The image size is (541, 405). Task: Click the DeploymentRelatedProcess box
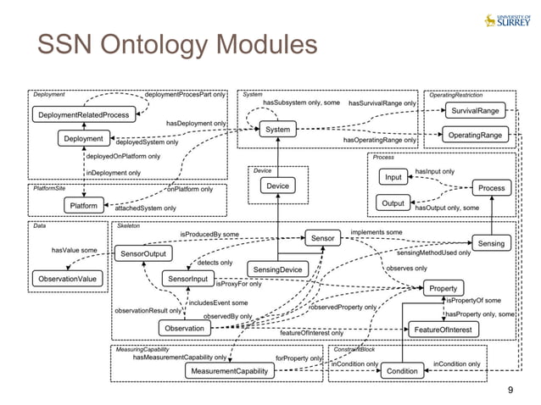(x=82, y=114)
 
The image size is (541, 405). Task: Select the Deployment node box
(x=82, y=138)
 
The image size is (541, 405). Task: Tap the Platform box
(x=82, y=205)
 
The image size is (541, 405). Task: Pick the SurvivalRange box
(x=474, y=111)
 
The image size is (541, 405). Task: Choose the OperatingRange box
(x=474, y=135)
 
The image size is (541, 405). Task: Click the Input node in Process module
(x=393, y=177)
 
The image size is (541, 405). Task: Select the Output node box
(x=393, y=203)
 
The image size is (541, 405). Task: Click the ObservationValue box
(x=66, y=278)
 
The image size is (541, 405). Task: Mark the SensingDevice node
(x=274, y=269)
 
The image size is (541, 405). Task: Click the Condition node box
(x=402, y=371)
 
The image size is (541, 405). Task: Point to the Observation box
(x=184, y=329)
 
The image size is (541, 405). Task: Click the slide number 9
(x=510, y=389)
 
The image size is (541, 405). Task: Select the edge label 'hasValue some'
(x=73, y=251)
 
